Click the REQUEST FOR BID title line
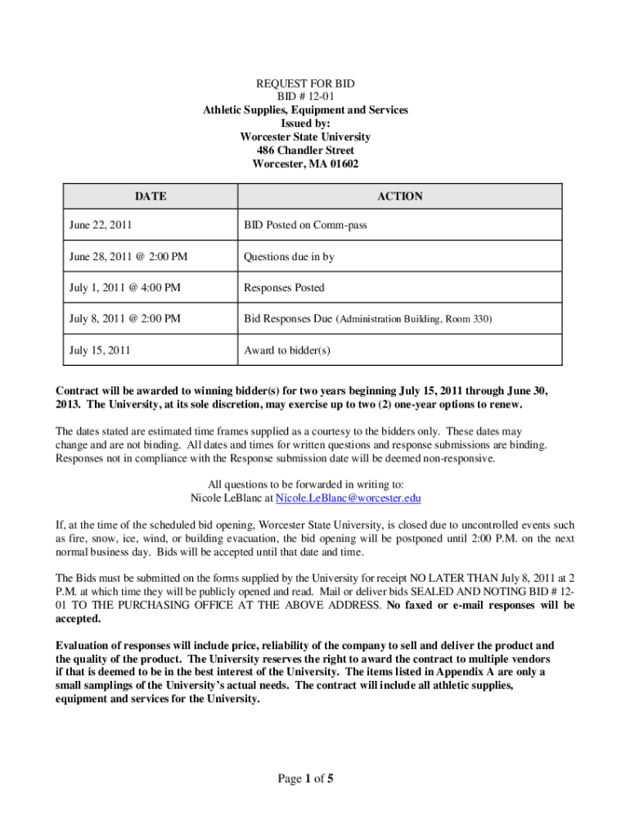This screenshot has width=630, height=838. (x=305, y=84)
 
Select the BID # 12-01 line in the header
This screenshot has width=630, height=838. (x=305, y=97)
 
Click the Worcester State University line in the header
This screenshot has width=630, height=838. (x=305, y=137)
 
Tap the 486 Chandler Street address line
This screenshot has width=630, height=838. (x=305, y=151)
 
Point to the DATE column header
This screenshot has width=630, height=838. (x=151, y=196)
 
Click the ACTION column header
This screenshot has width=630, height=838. (x=399, y=196)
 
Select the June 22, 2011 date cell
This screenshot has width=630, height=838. (x=101, y=224)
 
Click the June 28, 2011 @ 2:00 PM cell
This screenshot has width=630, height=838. (x=128, y=256)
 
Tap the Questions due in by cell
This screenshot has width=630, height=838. (x=289, y=256)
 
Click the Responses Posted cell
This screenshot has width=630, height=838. (x=284, y=287)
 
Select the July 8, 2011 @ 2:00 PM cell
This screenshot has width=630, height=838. (x=125, y=318)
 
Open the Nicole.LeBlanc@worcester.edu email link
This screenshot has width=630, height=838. (x=349, y=498)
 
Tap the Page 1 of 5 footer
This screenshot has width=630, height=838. (x=305, y=778)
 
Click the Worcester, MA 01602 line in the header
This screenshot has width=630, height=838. (x=305, y=164)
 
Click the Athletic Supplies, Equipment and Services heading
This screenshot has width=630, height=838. (x=305, y=110)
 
